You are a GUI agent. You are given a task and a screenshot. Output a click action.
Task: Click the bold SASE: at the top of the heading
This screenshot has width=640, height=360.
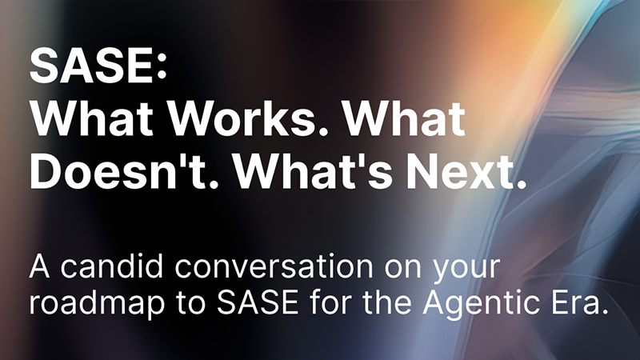coord(98,66)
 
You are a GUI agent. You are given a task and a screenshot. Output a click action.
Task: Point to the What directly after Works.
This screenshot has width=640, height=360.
coord(404,118)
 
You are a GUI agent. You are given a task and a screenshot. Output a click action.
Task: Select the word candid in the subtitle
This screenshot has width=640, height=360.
coord(112,266)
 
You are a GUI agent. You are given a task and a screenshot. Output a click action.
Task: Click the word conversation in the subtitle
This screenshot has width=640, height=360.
coord(274,266)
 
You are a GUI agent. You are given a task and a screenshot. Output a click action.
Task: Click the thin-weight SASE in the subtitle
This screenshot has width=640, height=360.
coord(257,302)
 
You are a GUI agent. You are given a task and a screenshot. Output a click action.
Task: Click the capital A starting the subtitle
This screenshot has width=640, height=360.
coord(39,266)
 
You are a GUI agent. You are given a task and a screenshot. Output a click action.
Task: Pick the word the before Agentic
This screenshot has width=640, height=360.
coord(387,302)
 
